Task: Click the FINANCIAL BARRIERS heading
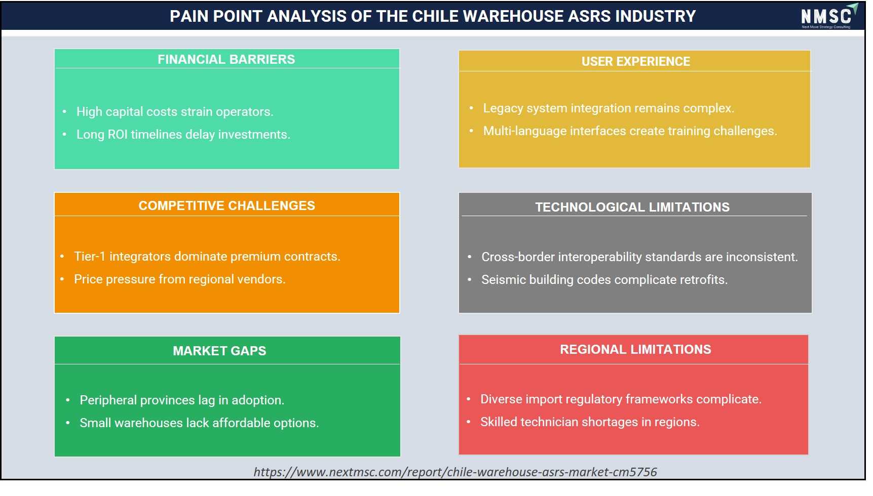[x=226, y=59]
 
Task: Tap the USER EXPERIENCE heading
[x=635, y=61]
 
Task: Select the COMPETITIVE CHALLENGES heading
[x=226, y=205]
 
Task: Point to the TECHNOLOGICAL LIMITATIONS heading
[x=632, y=207]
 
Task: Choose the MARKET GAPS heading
[x=219, y=351]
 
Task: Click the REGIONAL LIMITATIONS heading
[x=635, y=349]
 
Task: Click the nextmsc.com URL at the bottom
[x=455, y=472]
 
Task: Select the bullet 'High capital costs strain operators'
[x=175, y=112]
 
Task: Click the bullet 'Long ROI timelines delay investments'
[x=183, y=135]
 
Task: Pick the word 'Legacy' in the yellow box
[x=503, y=108]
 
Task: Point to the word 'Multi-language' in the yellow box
[x=524, y=131]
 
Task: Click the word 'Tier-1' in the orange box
[x=90, y=257]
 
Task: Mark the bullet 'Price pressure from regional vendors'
[x=179, y=279]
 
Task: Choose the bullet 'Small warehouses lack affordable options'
[x=199, y=423]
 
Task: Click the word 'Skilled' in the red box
[x=499, y=422]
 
